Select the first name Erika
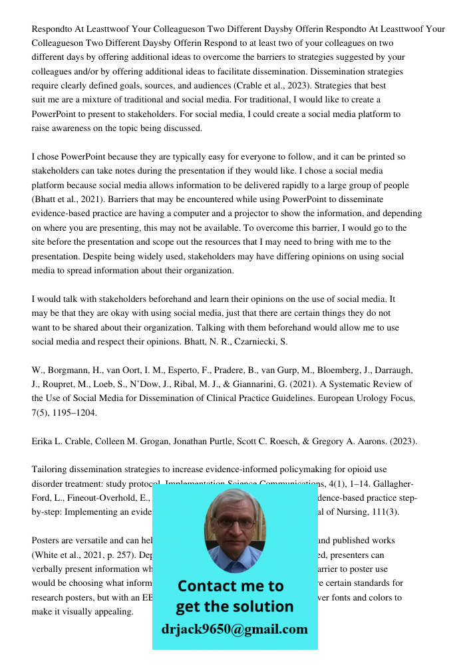44,441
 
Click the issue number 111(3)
391,511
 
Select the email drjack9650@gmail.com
234,629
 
